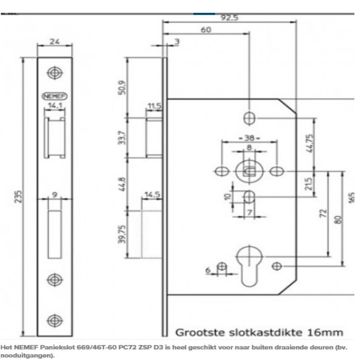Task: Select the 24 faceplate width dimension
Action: (55, 41)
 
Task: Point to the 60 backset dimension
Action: (206, 30)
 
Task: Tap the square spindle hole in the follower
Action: (249, 171)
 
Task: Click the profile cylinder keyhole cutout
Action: (248, 266)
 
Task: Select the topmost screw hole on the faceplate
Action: (55, 73)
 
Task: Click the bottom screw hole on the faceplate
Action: (55, 321)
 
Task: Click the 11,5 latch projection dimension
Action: (154, 106)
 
